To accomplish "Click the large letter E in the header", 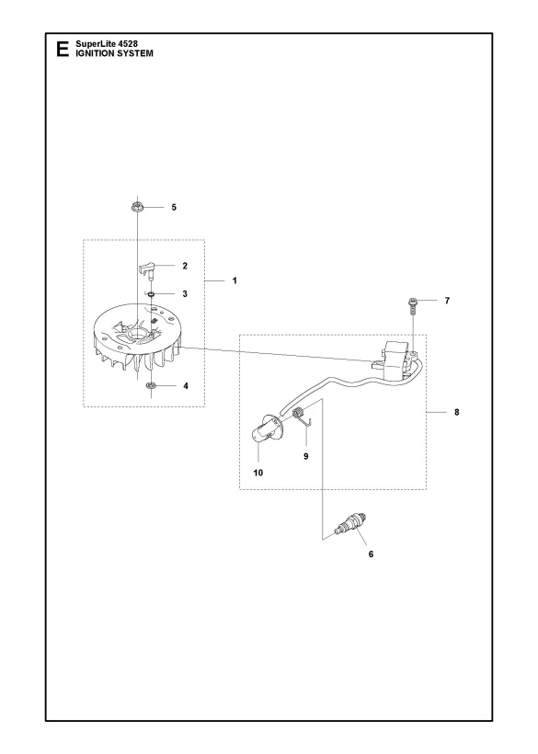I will coord(62,50).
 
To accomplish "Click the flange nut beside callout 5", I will coord(136,207).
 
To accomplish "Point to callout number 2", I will coord(185,266).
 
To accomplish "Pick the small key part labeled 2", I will coord(146,267).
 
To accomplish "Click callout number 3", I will coord(185,294).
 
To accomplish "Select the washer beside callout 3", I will coord(150,295).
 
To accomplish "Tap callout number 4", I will coord(186,386).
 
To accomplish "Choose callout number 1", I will coord(234,279).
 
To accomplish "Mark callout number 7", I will coord(447,301).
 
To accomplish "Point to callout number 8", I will coord(457,412).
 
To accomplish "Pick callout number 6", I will coord(370,554).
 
